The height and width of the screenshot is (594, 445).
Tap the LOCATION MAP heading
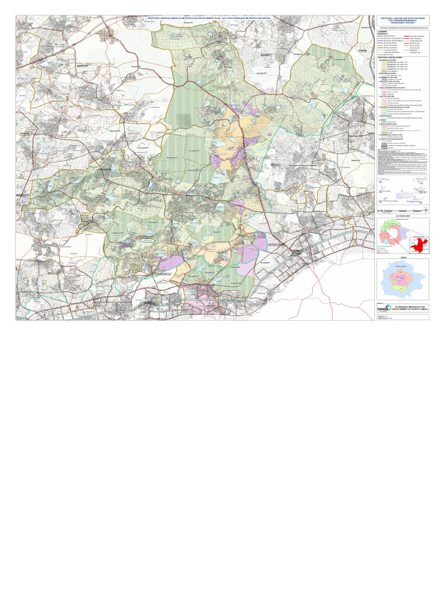pyautogui.click(x=403, y=215)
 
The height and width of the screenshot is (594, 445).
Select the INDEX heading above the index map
pyautogui.click(x=403, y=256)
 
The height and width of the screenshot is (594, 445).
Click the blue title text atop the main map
pyautogui.click(x=197, y=18)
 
